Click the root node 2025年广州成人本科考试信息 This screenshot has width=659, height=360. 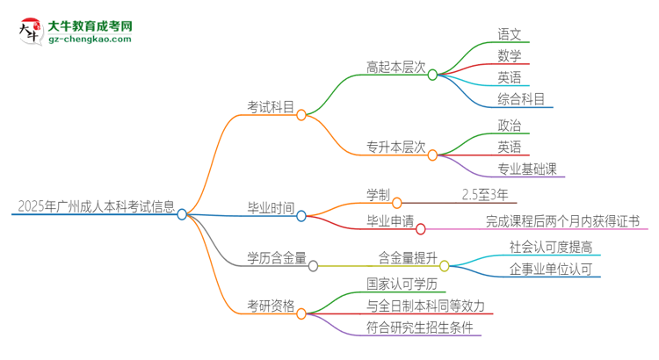95,207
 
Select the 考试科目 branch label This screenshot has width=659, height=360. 271,108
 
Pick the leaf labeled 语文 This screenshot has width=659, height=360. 510,35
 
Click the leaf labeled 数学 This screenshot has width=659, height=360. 510,56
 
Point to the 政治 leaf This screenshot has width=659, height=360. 510,126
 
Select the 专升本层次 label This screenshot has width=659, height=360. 395,146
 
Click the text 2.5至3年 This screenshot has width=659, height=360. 483,195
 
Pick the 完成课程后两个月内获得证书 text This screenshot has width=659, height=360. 562,221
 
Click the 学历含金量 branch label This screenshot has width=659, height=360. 277,258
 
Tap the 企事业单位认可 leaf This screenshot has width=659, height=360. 551,268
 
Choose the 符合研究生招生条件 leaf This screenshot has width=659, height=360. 420,328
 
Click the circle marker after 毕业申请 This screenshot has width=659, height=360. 420,229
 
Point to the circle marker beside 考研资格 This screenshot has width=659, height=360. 301,313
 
